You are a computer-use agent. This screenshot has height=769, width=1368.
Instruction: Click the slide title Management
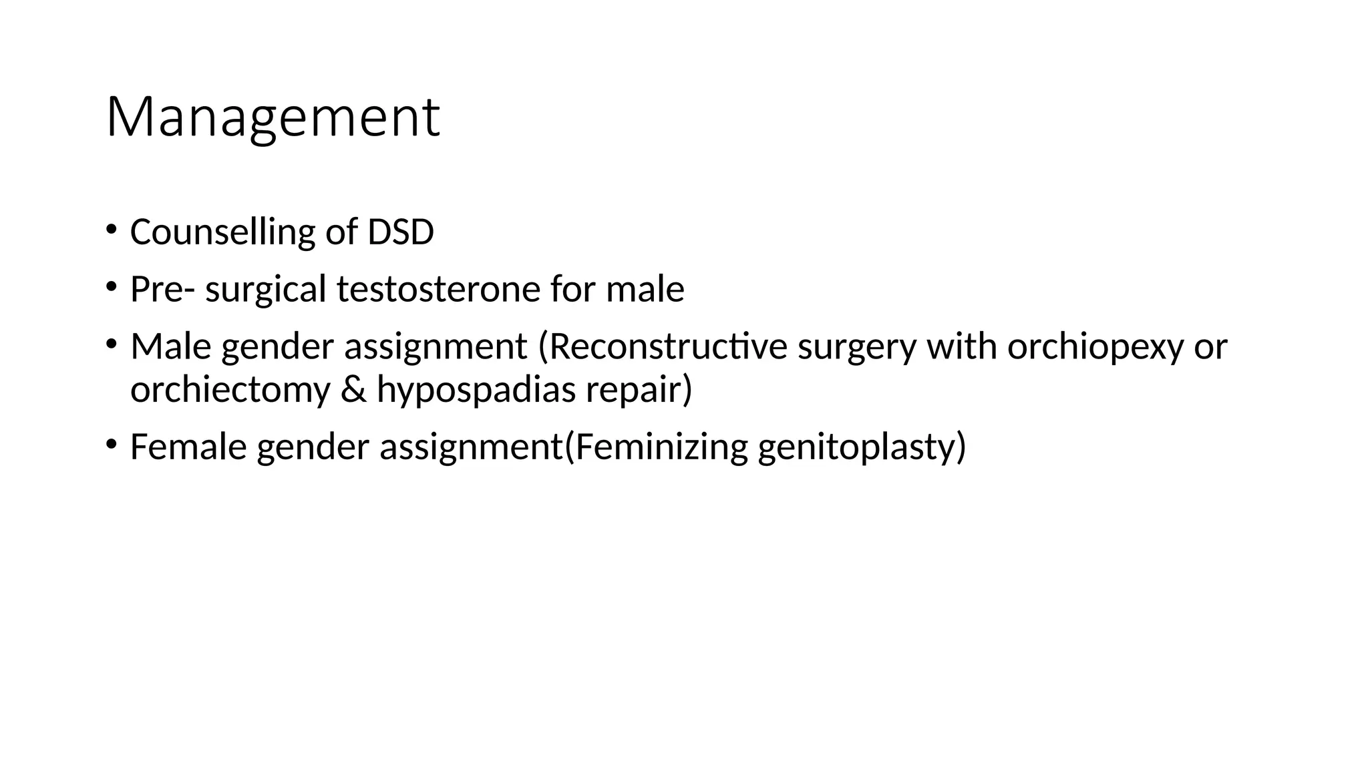tap(273, 117)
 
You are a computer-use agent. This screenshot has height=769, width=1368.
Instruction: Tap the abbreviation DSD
tap(401, 232)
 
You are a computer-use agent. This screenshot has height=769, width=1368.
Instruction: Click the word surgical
tap(265, 290)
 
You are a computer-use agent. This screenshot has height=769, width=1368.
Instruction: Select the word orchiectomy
tap(230, 389)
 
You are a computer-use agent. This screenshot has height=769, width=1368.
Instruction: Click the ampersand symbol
tap(353, 389)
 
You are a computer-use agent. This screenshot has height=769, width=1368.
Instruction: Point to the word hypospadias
tap(476, 389)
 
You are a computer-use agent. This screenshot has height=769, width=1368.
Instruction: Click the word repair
tap(638, 389)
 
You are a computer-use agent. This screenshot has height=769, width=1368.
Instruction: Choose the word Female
tap(188, 447)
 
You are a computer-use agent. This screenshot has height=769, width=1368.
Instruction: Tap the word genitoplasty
tap(861, 447)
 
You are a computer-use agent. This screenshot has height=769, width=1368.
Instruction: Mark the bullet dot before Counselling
tap(111, 230)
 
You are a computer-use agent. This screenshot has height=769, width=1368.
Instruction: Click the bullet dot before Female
tap(111, 445)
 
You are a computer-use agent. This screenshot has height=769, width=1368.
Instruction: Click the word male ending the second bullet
tap(645, 290)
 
